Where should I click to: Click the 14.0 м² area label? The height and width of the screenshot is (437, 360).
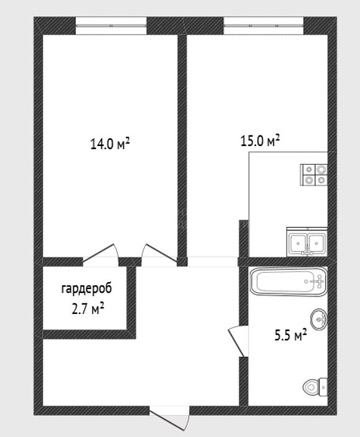tap(110, 144)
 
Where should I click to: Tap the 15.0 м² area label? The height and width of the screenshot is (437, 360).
tap(260, 140)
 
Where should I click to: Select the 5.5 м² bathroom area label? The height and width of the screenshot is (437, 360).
tap(291, 335)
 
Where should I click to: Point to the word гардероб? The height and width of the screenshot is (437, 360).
tap(86, 288)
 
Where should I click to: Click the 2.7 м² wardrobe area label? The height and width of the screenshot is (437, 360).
tap(88, 309)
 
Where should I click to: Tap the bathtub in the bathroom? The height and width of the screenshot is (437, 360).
tap(288, 282)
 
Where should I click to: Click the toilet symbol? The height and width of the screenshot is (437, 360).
tap(315, 387)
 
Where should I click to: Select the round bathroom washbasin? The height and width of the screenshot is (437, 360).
tap(319, 319)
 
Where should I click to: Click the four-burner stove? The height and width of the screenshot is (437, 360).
tap(314, 175)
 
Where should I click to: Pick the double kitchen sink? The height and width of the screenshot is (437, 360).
tap(307, 242)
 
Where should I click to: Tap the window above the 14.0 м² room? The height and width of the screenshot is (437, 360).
tap(111, 25)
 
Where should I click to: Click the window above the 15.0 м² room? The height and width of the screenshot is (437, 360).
tap(264, 25)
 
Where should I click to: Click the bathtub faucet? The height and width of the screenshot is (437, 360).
tap(319, 282)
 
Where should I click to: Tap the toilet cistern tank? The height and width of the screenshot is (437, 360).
tap(323, 387)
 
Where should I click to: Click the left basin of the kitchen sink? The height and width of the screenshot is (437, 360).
tap(298, 243)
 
